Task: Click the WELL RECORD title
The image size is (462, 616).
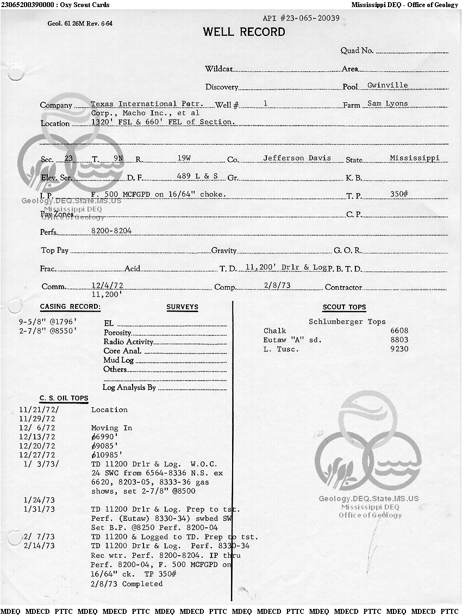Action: click(244, 32)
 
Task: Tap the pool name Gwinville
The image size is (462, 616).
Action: click(388, 85)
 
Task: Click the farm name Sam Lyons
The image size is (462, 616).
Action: click(388, 103)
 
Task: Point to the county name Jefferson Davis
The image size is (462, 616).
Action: click(297, 158)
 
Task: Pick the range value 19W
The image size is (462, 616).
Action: click(184, 158)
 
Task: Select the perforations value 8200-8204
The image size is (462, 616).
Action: click(111, 231)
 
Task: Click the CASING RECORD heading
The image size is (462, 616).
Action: click(70, 307)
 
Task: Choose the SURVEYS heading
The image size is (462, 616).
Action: click(182, 307)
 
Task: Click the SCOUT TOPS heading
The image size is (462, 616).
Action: click(344, 307)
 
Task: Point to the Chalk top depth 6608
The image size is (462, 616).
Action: click(399, 331)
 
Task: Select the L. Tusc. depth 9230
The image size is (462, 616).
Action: click(399, 349)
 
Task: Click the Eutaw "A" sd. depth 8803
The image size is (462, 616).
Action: click(399, 340)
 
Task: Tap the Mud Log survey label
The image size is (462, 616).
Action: click(118, 360)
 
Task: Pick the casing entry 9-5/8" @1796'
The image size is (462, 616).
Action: click(47, 321)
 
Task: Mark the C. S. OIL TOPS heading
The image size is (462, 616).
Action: click(64, 399)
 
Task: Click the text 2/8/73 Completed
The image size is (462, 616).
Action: click(127, 584)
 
